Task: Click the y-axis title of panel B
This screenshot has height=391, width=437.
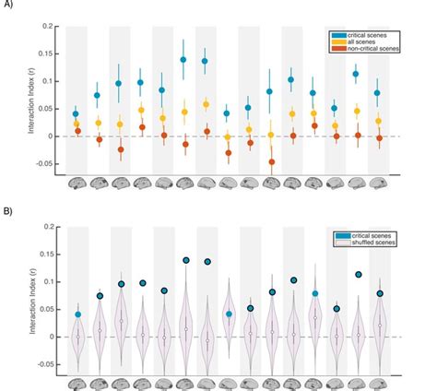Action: pos(36,301)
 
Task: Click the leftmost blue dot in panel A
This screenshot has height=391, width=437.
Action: pos(77,114)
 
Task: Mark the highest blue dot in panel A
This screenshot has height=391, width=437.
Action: pos(183,59)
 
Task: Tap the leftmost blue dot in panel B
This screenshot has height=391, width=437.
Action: pos(77,314)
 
